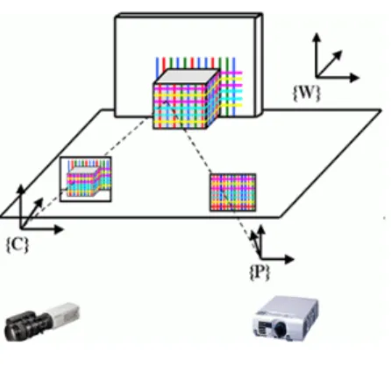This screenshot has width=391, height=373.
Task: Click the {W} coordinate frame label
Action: pyautogui.click(x=307, y=94)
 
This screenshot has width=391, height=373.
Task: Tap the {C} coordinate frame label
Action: pyautogui.click(x=18, y=244)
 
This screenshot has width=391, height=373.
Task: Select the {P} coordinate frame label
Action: pyautogui.click(x=259, y=272)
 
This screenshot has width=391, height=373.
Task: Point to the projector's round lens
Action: pyautogui.click(x=281, y=328)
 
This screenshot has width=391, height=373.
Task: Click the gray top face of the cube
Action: pyautogui.click(x=187, y=76)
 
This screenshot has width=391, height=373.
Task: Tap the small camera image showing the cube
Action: pyautogui.click(x=85, y=179)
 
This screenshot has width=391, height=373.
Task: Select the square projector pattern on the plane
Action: pyautogui.click(x=233, y=193)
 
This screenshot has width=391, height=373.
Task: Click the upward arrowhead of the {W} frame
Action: pyautogui.click(x=316, y=38)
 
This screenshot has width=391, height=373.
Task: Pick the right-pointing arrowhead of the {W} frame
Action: pyautogui.click(x=354, y=77)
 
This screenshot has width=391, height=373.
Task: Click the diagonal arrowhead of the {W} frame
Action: pyautogui.click(x=338, y=54)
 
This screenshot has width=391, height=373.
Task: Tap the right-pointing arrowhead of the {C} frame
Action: pyautogui.click(x=59, y=229)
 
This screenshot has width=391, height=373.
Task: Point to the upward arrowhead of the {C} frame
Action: pyautogui.click(x=20, y=189)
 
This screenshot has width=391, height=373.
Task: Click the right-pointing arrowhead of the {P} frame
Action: pyautogui.click(x=289, y=259)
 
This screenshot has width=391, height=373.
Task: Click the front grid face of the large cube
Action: pyautogui.click(x=181, y=106)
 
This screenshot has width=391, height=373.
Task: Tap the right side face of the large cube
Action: pyautogui.click(x=214, y=99)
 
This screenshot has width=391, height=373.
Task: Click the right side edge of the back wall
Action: pyautogui.click(x=259, y=65)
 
